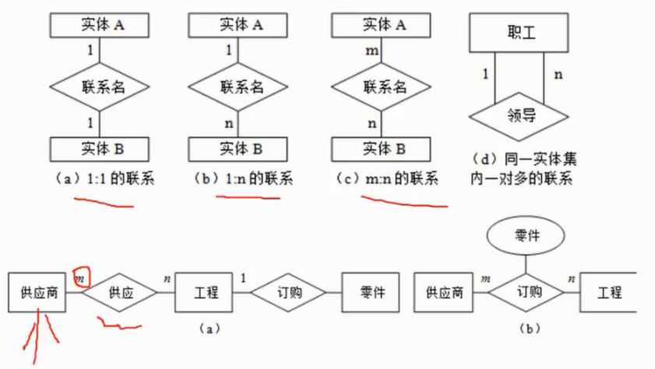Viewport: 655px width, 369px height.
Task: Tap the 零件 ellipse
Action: click(x=523, y=234)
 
